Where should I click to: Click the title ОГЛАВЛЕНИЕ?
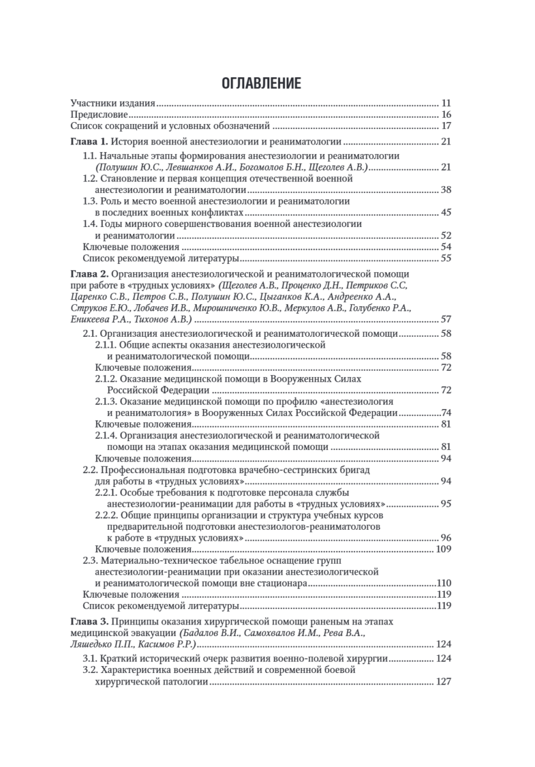click(x=261, y=83)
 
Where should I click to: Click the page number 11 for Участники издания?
click(x=446, y=103)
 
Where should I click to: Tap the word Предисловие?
click(x=98, y=114)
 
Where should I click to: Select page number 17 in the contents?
click(x=446, y=126)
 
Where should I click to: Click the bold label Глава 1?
click(x=89, y=142)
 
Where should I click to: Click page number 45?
click(x=446, y=212)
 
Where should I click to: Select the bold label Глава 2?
click(x=89, y=274)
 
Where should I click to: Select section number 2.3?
click(x=90, y=561)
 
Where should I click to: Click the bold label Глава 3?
click(x=89, y=621)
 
